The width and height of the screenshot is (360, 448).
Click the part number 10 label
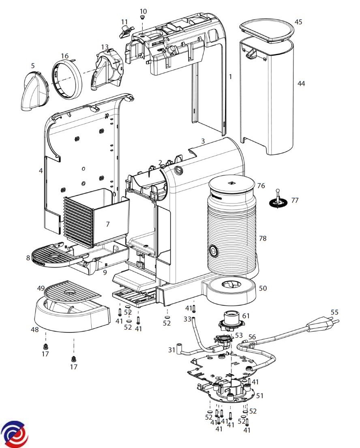(144, 11)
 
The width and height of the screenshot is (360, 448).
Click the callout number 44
(301, 84)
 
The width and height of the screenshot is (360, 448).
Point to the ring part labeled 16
(67, 78)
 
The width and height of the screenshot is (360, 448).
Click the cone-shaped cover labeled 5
(34, 90)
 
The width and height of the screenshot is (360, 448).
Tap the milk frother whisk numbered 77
(277, 200)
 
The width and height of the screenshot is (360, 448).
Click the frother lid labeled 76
(232, 185)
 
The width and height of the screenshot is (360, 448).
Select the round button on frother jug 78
(213, 251)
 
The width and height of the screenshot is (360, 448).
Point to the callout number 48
(35, 330)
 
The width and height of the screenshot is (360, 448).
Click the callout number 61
(246, 316)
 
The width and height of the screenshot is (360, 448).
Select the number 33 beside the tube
(187, 319)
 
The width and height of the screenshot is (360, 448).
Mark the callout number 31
(172, 349)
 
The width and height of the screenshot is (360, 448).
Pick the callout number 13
(105, 47)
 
